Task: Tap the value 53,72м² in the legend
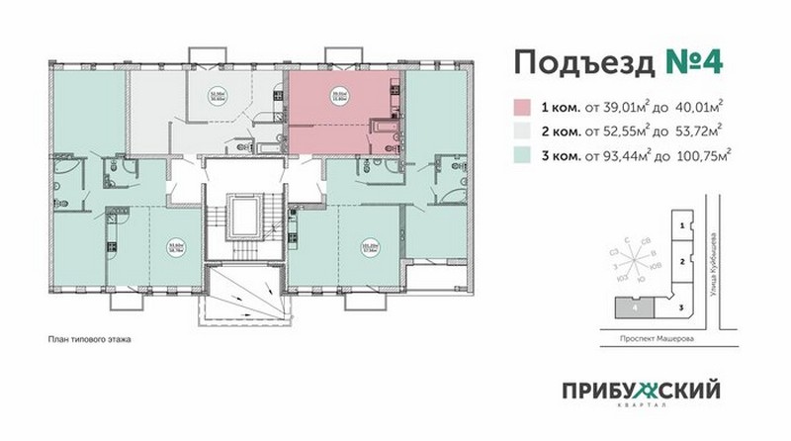[698, 129]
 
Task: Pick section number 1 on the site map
[681, 226]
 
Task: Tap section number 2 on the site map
[681, 261]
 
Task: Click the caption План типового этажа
[89, 339]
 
